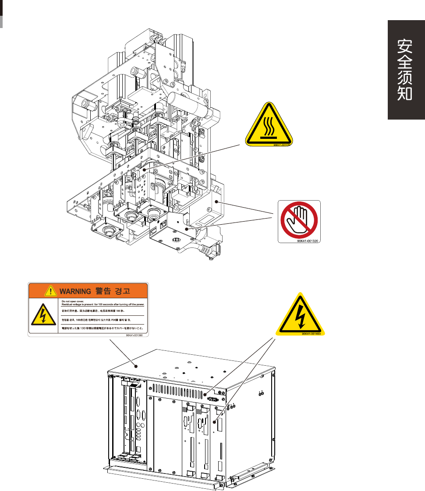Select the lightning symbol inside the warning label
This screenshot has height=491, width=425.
(x=42, y=316)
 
